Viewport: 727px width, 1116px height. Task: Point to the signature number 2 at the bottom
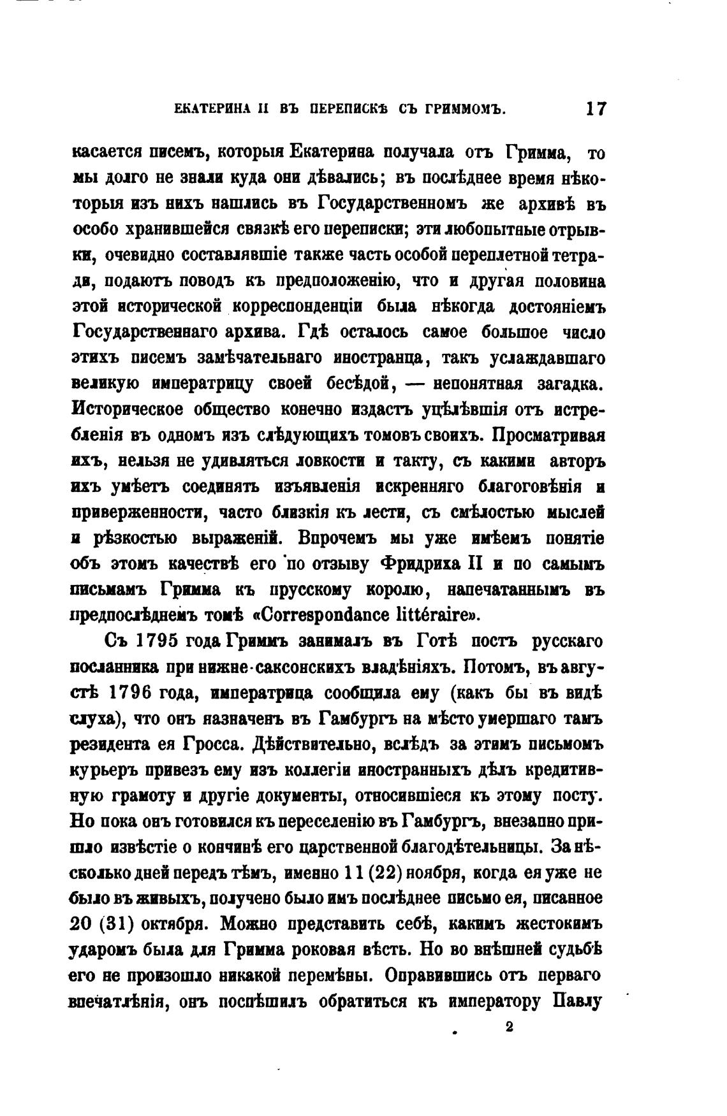[509, 1027]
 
